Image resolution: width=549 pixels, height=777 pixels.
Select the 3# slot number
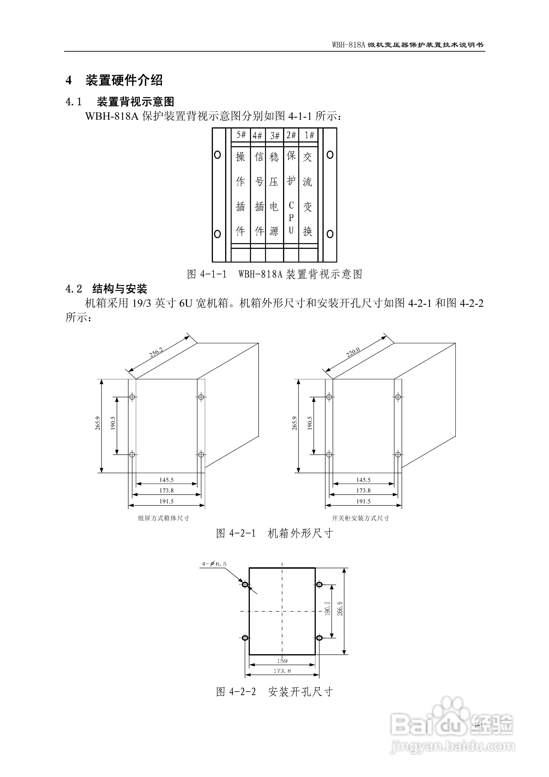[x=275, y=136]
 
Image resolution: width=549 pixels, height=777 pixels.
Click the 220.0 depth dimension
[x=353, y=353]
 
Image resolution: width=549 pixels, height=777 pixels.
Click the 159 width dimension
[x=282, y=660]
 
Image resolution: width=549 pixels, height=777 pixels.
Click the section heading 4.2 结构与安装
[x=106, y=289]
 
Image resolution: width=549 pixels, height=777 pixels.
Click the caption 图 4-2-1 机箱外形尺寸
[x=274, y=533]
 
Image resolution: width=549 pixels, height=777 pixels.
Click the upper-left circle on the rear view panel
[x=218, y=155]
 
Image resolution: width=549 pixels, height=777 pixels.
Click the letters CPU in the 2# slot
[x=291, y=218]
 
